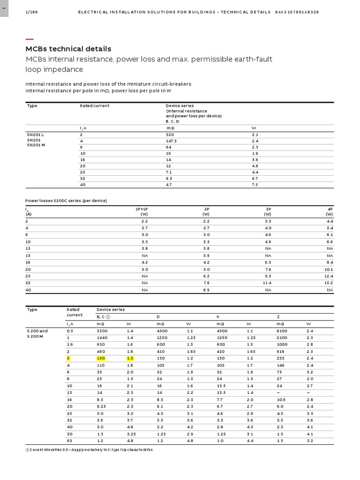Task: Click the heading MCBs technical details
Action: click(x=68, y=49)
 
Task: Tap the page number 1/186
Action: click(x=31, y=12)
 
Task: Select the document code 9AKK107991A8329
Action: click(x=297, y=12)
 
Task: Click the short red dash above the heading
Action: click(x=29, y=39)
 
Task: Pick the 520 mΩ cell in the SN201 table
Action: click(x=170, y=135)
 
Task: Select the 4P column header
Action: click(x=330, y=209)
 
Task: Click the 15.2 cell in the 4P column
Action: click(x=328, y=283)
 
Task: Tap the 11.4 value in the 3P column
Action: click(x=266, y=283)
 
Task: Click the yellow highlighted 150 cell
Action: click(x=101, y=358)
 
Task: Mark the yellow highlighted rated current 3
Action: click(x=68, y=358)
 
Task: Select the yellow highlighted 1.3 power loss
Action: click(x=130, y=358)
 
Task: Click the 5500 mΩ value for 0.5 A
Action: click(x=102, y=331)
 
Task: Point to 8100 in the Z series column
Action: click(x=282, y=331)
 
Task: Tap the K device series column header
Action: click(x=217, y=317)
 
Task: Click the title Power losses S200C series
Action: click(x=66, y=201)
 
